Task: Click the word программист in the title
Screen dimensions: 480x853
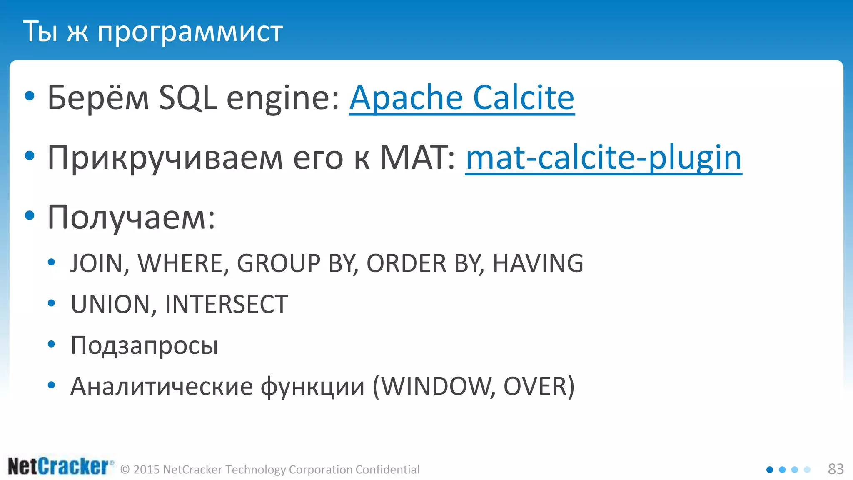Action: [190, 32]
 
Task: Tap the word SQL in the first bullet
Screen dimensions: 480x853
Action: [187, 97]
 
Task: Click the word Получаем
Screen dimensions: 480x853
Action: [131, 217]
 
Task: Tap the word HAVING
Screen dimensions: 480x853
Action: [538, 263]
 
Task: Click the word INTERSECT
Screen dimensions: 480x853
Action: [226, 304]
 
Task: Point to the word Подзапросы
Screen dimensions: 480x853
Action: [144, 345]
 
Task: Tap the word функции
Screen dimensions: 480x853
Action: [312, 386]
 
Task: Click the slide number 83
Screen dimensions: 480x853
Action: [836, 469]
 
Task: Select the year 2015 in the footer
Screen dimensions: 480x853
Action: [147, 470]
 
